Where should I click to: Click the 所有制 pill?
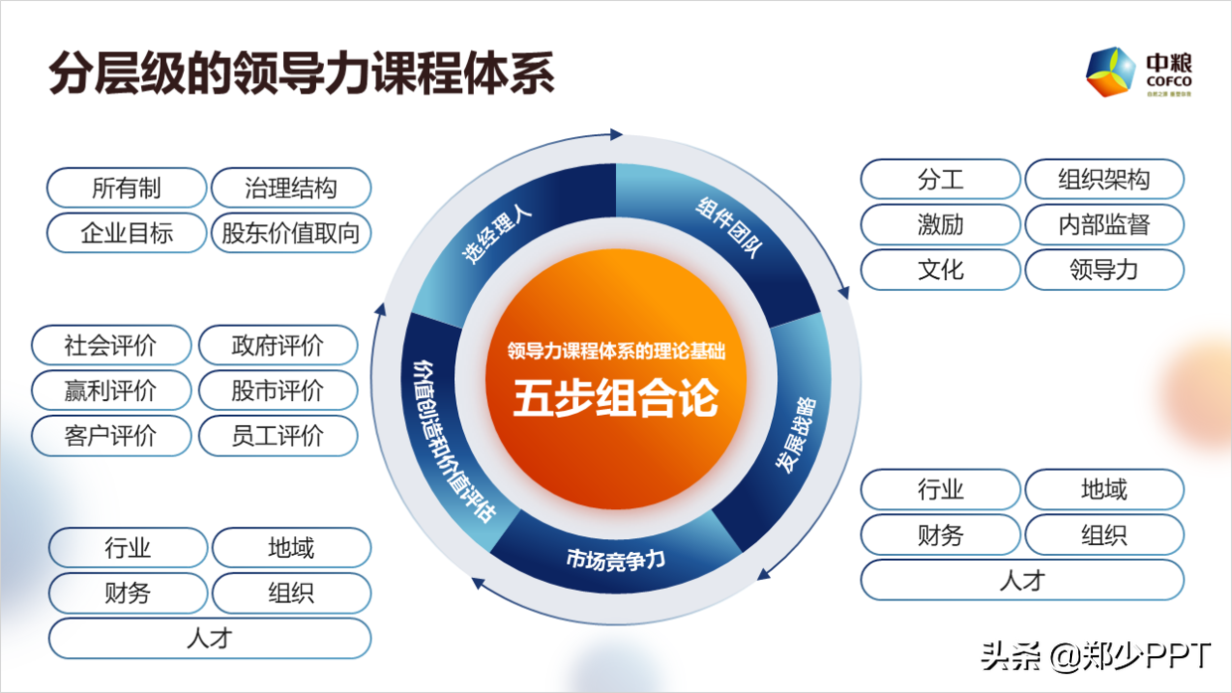pyautogui.click(x=126, y=188)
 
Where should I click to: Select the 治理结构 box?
pyautogui.click(x=291, y=188)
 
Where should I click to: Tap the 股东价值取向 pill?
pyautogui.click(x=291, y=233)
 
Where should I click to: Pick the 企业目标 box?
pyautogui.click(x=126, y=233)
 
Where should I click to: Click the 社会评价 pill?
pyautogui.click(x=110, y=346)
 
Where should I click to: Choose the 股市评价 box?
pyautogui.click(x=277, y=390)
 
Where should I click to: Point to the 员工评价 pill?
pyautogui.click(x=277, y=435)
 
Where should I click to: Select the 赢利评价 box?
pyautogui.click(x=110, y=390)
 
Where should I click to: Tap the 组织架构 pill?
pyautogui.click(x=1104, y=180)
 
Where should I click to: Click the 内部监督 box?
pyautogui.click(x=1104, y=224)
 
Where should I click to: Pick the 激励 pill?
pyautogui.click(x=940, y=224)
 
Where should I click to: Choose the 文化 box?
pyautogui.click(x=940, y=269)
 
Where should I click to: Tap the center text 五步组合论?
pyautogui.click(x=616, y=401)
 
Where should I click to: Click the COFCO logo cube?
pyautogui.click(x=1110, y=72)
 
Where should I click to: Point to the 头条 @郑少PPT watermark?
pyautogui.click(x=1096, y=656)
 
